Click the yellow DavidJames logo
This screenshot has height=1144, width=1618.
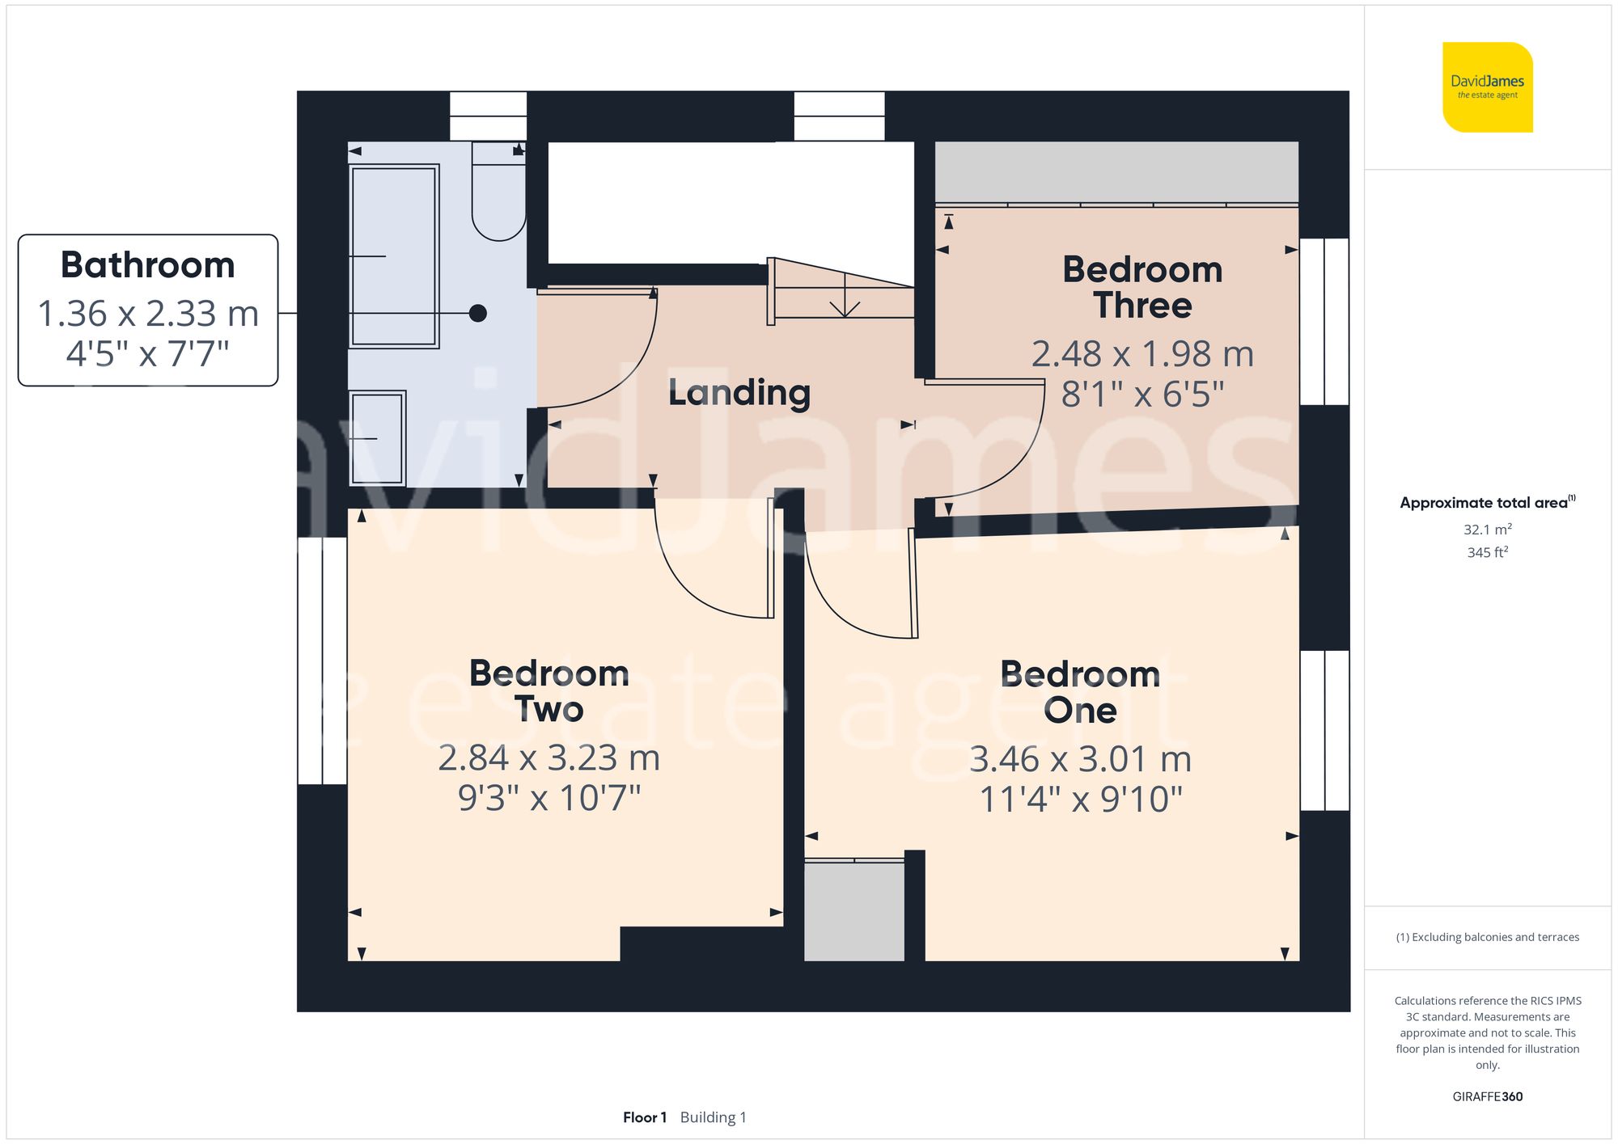[x=1487, y=87]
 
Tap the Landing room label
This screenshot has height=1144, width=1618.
[x=739, y=393]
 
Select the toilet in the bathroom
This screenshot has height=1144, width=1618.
[x=498, y=194]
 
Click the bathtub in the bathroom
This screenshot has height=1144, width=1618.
[x=394, y=256]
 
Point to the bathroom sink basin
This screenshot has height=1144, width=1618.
[x=377, y=438]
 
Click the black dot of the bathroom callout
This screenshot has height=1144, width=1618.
[x=478, y=313]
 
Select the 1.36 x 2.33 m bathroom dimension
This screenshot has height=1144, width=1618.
[x=148, y=314]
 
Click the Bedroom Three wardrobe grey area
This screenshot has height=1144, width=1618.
[x=1116, y=171]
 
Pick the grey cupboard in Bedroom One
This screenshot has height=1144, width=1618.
[x=854, y=912]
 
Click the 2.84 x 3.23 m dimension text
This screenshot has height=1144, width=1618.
[x=549, y=758]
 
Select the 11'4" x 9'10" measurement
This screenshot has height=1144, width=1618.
[x=1080, y=800]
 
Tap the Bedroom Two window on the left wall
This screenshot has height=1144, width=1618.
[x=322, y=661]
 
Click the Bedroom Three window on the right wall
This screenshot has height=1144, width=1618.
[x=1324, y=322]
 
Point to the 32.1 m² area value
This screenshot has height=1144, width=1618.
[x=1487, y=530]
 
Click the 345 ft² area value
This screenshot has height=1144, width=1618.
[x=1487, y=552]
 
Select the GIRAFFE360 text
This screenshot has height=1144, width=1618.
[x=1487, y=1096]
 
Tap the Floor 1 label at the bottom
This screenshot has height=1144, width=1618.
[x=644, y=1117]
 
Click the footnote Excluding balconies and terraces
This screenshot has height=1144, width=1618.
[x=1487, y=937]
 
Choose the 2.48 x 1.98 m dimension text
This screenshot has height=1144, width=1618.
[x=1141, y=354]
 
